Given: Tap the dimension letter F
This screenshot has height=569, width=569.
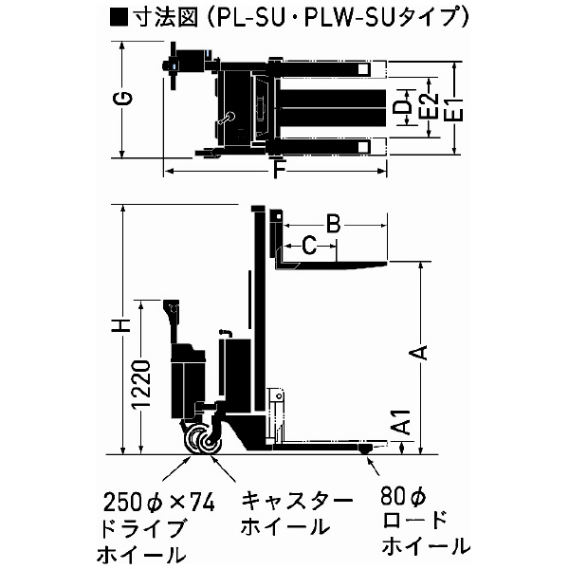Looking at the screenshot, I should point(276,173).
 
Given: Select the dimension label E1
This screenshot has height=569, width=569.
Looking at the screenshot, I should point(455,107).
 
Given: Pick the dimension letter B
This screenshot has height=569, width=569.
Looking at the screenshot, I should point(333,224).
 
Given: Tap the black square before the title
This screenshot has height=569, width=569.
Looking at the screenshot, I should point(119,16).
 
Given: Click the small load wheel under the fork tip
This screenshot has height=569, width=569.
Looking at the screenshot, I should point(369,458).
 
